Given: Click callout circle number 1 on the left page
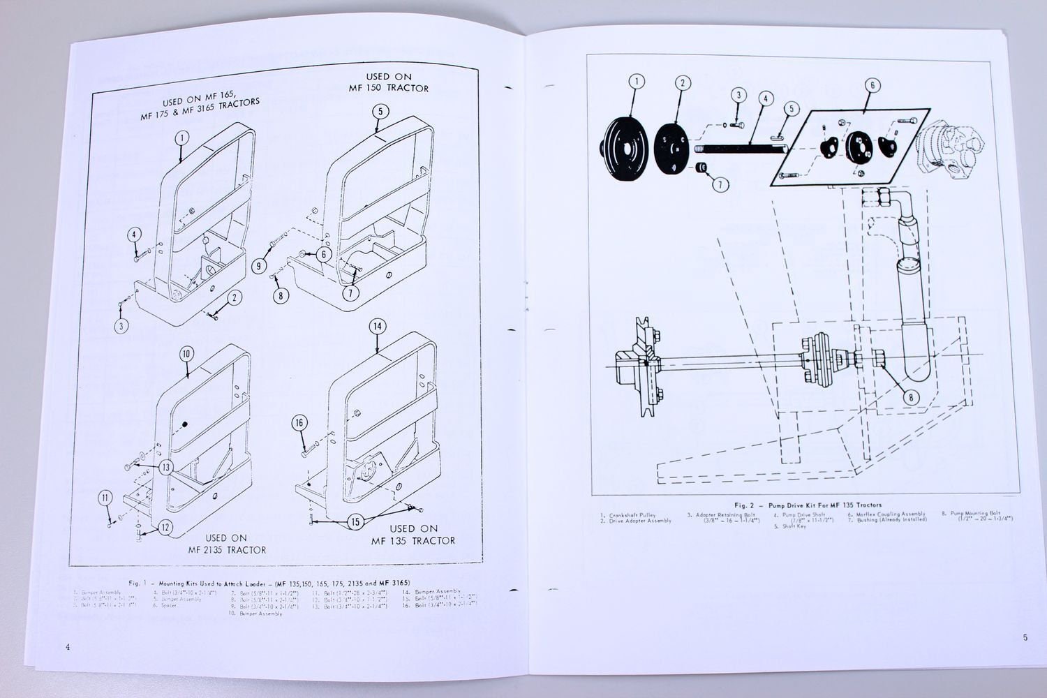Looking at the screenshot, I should pos(181,138).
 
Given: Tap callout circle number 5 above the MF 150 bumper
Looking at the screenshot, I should pos(379,111).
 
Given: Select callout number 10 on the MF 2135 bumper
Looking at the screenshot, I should pos(186,354).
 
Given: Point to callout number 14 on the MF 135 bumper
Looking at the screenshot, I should pos(377,327).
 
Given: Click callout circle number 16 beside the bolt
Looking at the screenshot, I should pos(299,423).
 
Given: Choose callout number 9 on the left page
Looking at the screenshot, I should pos(259,265).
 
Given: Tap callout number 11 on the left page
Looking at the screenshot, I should pos(105,498).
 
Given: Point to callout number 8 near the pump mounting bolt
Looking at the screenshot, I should pos(911,398).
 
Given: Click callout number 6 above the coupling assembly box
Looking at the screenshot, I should pos(872,86).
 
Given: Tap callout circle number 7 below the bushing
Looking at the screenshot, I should pos(720,185).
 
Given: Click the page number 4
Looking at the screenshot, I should pos(67,647).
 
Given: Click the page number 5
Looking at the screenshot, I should pos(1025,637).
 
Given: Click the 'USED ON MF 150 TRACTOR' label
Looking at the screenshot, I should pos(389,82).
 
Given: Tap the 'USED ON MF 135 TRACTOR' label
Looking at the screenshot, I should pos(413,535).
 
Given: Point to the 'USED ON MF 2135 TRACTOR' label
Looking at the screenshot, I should pos(227,544).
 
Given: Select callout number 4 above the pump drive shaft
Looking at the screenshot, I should pos(765,99).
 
